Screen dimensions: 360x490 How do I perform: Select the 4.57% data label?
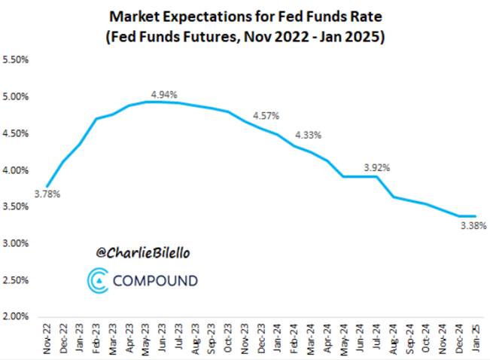(266, 116)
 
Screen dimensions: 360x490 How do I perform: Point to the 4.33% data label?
(308, 135)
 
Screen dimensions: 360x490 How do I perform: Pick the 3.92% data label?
(376, 167)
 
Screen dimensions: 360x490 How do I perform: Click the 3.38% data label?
(473, 224)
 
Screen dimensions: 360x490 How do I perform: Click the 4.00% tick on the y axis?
(17, 170)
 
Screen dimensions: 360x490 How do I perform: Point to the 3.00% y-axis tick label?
(17, 243)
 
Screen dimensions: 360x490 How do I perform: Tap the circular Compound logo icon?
(98, 280)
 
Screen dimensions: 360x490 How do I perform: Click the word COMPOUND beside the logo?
(155, 281)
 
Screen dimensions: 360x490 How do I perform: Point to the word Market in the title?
(133, 15)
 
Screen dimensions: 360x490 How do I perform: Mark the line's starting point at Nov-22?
(47, 186)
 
